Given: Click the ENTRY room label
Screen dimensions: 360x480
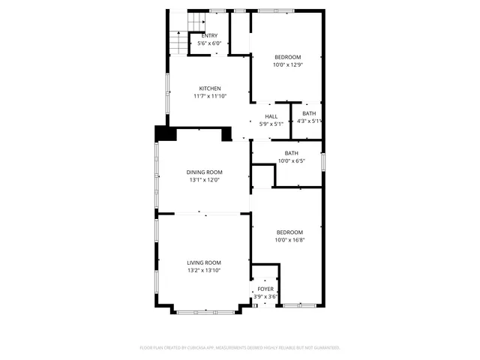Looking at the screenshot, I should tap(210, 36).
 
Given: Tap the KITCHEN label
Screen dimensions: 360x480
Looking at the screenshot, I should tap(210, 88).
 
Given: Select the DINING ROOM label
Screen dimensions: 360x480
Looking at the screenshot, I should tap(205, 172).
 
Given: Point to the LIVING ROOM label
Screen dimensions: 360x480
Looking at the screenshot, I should tap(204, 262).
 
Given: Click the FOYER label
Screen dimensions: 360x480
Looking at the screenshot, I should tap(265, 289).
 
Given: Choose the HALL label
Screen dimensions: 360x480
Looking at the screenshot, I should tap(271, 116).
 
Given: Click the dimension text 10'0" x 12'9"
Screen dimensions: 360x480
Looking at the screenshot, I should tap(287, 65).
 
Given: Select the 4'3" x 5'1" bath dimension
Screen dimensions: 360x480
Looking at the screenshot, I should tap(310, 121).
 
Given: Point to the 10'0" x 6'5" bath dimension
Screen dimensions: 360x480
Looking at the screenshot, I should tap(291, 160).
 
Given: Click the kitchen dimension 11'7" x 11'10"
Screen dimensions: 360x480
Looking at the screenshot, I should tap(210, 96).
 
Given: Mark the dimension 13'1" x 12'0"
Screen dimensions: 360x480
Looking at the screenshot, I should tap(205, 180).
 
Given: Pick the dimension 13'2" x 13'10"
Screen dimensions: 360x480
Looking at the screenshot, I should tap(204, 270).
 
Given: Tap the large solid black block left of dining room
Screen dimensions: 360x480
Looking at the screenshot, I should tap(164, 133).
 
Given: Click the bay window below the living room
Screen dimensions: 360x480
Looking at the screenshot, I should tap(204, 310).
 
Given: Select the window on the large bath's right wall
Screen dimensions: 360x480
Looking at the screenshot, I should tap(323, 161).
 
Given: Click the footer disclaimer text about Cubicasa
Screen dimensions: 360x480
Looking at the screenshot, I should tap(240, 347).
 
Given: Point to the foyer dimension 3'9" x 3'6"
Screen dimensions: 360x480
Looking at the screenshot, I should tap(265, 297).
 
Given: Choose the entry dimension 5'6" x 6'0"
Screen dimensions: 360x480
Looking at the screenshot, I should tap(210, 43).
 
